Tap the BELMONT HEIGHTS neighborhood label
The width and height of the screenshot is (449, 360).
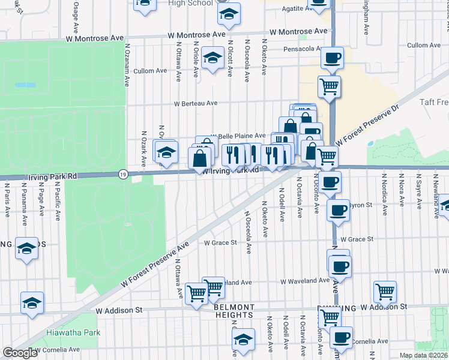click(234, 311)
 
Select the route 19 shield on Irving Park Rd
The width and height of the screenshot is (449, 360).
click(123, 174)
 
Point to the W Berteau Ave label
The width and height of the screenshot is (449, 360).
click(196, 103)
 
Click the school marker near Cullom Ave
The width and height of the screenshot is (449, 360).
click(212, 58)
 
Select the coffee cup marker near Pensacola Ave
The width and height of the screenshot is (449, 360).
click(331, 58)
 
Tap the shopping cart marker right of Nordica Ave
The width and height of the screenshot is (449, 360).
click(385, 292)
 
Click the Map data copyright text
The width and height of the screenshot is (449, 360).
click(423, 355)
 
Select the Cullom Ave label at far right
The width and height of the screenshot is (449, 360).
click(426, 45)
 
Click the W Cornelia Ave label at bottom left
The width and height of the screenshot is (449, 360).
click(57, 349)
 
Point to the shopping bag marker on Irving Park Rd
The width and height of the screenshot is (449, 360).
click(199, 158)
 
